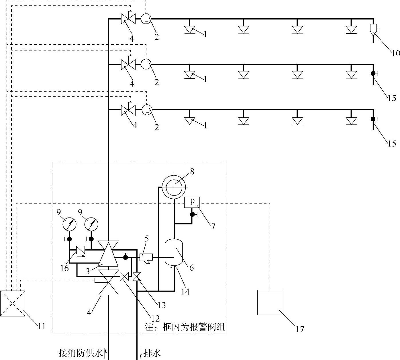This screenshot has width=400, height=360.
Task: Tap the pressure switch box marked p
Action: [192, 202]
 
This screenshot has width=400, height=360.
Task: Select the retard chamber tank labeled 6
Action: [174, 252]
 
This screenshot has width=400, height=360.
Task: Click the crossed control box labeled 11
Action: [13, 303]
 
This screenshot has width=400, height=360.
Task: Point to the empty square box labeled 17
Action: [270, 302]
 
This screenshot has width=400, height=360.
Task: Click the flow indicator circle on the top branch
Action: [146, 19]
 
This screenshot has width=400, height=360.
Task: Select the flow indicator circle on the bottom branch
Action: [147, 109]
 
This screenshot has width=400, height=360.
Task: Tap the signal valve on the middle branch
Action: [128, 64]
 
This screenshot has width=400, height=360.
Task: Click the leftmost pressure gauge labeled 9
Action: [69, 224]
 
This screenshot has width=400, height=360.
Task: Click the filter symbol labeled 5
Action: [146, 257]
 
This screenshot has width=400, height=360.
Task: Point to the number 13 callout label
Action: [162, 306]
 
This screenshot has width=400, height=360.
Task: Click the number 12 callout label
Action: [155, 319]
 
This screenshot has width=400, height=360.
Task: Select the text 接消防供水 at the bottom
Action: [81, 353]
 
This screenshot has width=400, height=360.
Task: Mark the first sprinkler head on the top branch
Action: [189, 30]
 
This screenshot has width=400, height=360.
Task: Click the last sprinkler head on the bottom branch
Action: [351, 121]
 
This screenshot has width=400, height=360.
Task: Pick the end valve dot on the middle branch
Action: [373, 73]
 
